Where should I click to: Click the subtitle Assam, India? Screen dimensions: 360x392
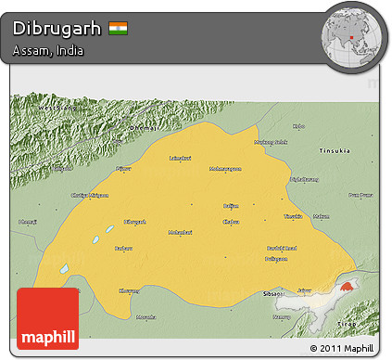click(x=48, y=51)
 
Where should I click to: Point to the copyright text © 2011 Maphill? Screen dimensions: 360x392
click(x=343, y=349)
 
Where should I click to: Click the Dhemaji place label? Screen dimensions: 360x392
click(x=29, y=222)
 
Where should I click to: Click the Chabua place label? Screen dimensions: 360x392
click(x=231, y=222)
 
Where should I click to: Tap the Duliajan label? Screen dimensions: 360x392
click(x=277, y=259)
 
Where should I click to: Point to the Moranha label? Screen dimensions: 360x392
click(x=146, y=316)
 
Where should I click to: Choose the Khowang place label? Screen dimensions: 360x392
click(x=130, y=289)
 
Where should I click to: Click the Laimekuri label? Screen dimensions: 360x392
click(x=181, y=158)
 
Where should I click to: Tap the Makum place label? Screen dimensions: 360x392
click(x=321, y=216)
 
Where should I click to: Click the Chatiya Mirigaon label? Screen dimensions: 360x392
click(x=90, y=195)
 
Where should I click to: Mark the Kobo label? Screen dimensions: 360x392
click(x=297, y=126)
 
